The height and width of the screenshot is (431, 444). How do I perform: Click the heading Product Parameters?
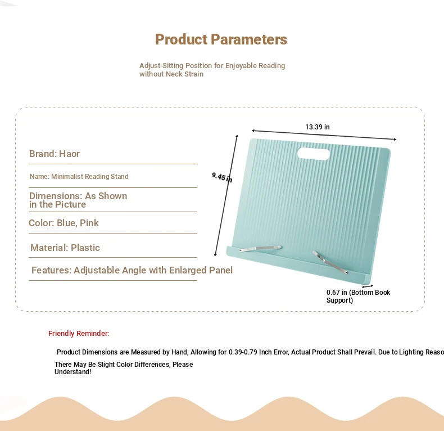(221, 39)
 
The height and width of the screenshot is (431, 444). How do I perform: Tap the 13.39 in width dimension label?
(317, 127)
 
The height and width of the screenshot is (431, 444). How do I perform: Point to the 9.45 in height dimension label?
(222, 177)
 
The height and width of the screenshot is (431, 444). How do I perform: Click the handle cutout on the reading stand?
(313, 154)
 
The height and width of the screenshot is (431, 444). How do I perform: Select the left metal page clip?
(260, 248)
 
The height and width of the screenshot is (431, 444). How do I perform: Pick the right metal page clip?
(330, 262)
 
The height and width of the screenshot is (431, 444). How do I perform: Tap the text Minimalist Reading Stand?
(90, 176)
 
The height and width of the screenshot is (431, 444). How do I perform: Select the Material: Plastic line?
(65, 248)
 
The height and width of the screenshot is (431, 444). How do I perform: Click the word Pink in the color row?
(89, 223)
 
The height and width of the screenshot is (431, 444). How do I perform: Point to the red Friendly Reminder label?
(79, 334)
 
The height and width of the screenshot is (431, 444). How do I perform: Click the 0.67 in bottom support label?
(358, 297)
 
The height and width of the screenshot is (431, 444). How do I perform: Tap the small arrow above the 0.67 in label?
(367, 286)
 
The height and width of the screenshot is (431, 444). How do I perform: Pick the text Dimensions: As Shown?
(78, 196)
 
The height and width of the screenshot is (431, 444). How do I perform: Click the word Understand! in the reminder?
(73, 372)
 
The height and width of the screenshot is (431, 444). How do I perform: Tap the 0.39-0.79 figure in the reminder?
(243, 352)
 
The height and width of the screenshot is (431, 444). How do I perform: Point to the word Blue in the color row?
(67, 223)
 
